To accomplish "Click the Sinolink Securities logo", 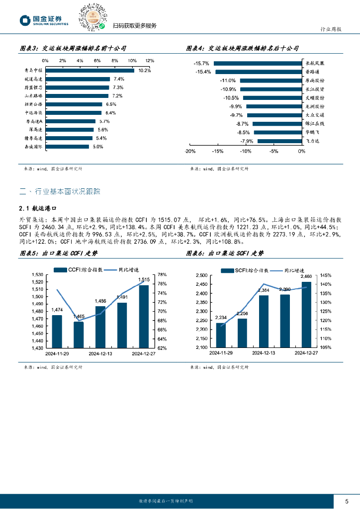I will [x=43, y=20].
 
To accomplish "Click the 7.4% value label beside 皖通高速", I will [x=118, y=79].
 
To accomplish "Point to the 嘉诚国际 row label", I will [x=34, y=147].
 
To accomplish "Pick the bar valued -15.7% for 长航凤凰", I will [x=258, y=63].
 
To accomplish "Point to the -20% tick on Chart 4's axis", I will [x=189, y=151].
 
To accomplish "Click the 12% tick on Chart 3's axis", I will [x=150, y=60].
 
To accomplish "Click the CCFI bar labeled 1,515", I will [x=144, y=316].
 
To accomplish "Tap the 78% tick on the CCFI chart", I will [x=162, y=274].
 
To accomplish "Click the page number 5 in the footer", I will [x=347, y=501].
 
